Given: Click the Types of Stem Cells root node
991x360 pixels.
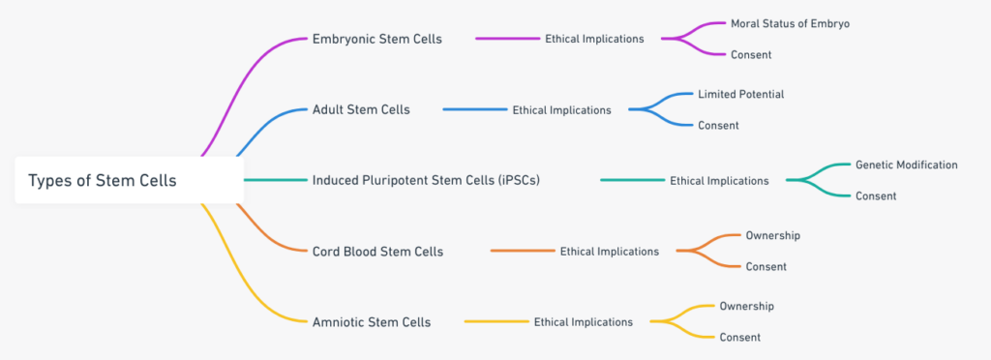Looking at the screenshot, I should (x=103, y=180).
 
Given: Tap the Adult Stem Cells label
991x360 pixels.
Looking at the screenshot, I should (x=361, y=109).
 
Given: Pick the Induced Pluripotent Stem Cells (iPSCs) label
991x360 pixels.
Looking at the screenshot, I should (x=425, y=180).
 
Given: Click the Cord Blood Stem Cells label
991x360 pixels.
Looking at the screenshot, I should (x=377, y=251).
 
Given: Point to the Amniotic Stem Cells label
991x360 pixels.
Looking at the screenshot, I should (x=372, y=321).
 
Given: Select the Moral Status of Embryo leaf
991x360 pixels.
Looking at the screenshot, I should (x=791, y=23).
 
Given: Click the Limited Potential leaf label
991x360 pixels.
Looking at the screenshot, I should (x=740, y=94).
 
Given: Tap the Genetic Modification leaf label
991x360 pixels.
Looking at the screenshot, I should (x=906, y=165).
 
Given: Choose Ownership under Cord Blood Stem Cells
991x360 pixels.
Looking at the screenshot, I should (x=772, y=235).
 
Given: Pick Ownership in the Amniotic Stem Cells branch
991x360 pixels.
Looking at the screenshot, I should (x=746, y=306).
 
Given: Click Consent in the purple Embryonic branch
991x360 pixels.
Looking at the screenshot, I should (x=751, y=54).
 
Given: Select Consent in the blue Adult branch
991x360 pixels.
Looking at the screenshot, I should (x=717, y=125).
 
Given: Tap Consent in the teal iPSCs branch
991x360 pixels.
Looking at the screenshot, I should (x=875, y=195).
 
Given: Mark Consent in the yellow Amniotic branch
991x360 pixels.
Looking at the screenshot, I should (x=739, y=337).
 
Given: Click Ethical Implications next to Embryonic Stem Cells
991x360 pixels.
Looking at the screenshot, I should (x=594, y=39).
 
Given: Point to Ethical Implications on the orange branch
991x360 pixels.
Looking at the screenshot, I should (x=609, y=251).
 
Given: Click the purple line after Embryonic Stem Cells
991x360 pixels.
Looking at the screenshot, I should (x=507, y=39).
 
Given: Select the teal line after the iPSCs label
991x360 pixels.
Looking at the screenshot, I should (x=632, y=180).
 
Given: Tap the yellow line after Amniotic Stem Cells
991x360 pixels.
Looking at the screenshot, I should (x=496, y=321).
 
